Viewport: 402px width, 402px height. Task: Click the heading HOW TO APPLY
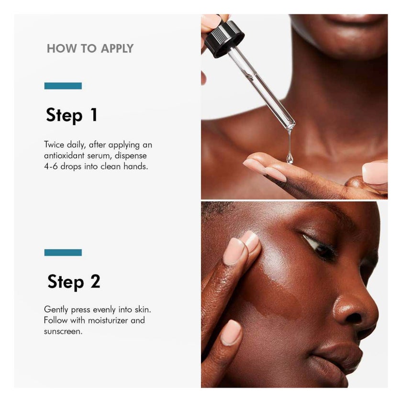(x=90, y=48)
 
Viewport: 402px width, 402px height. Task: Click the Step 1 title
(x=72, y=115)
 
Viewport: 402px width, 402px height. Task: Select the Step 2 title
(x=74, y=282)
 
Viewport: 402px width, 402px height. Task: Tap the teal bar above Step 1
(x=63, y=86)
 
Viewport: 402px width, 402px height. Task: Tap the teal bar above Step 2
(x=63, y=252)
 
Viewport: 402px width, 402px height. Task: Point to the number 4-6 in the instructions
(x=53, y=167)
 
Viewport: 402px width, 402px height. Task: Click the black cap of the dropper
(x=224, y=37)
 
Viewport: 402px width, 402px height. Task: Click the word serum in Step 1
(x=107, y=156)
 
